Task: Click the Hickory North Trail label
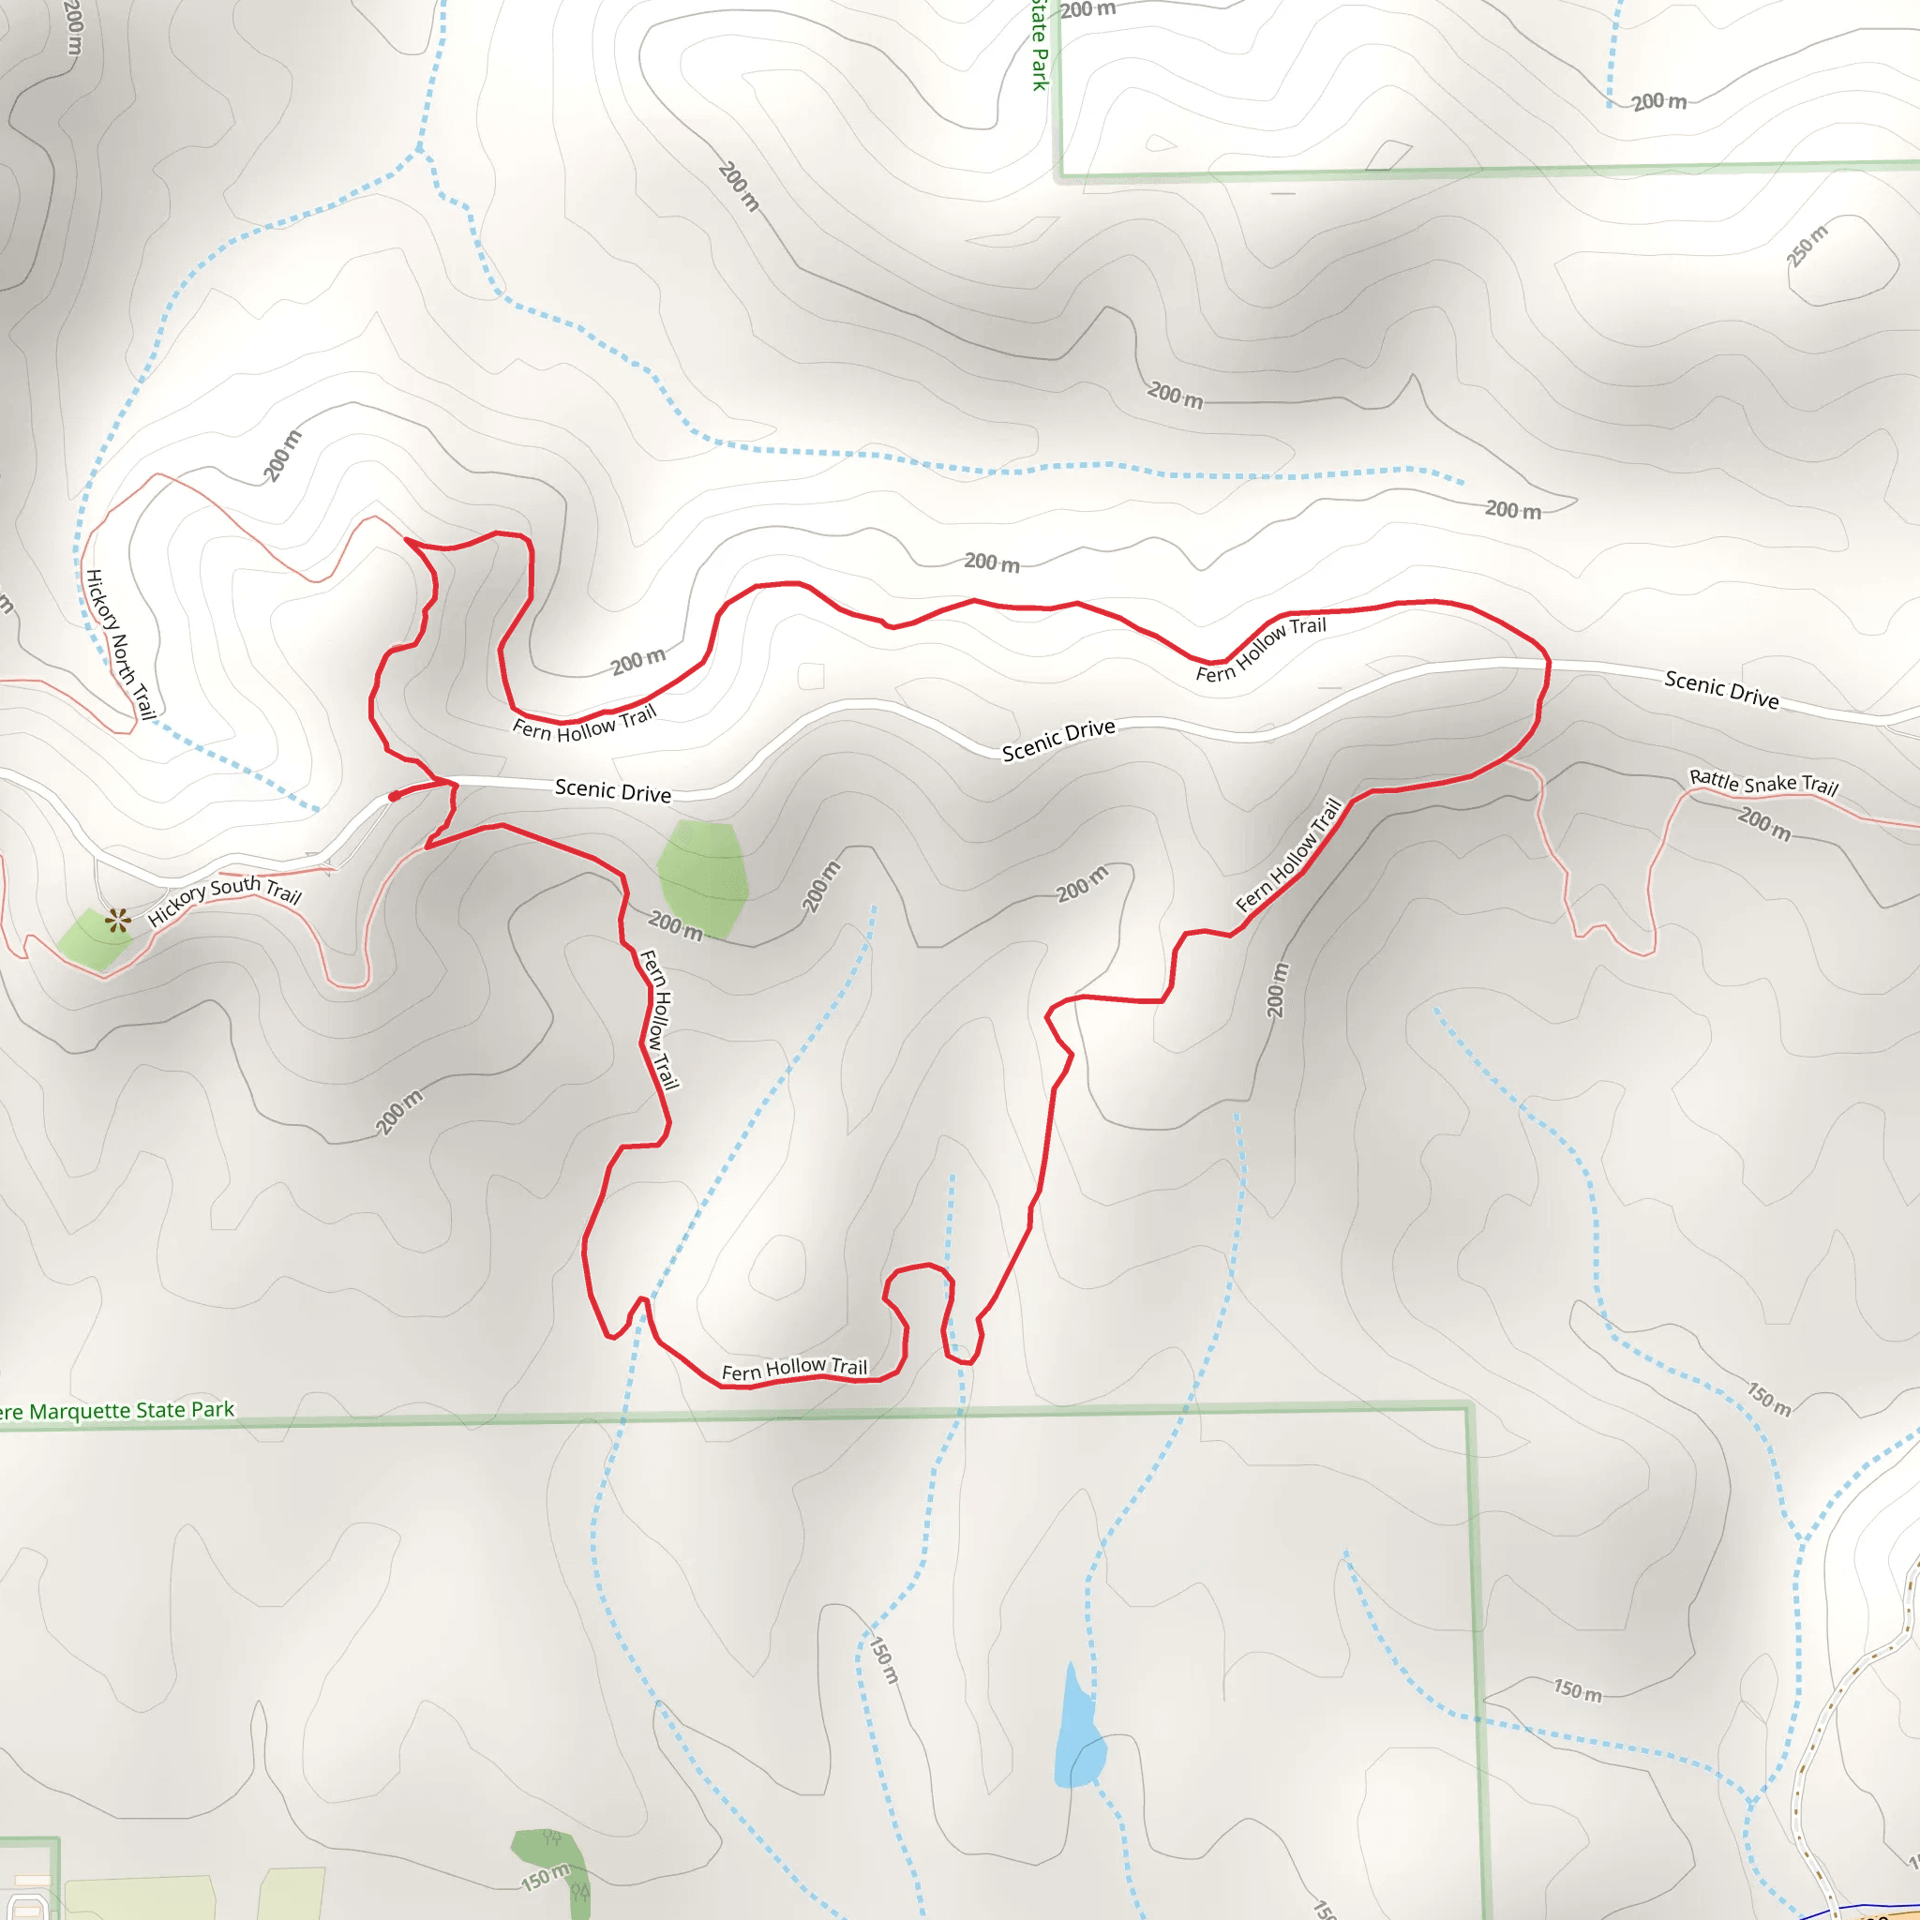point(120,643)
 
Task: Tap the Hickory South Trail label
point(225,900)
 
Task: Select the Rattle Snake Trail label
point(1763,782)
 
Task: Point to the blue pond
point(1078,1735)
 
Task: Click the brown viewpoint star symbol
point(118,921)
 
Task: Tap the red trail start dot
point(395,796)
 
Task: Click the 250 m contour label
point(1807,246)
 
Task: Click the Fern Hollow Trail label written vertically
point(659,1019)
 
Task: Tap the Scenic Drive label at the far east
point(1721,689)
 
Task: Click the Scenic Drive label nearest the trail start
point(612,790)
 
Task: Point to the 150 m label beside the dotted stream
point(883,1659)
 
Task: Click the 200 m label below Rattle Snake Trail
point(1764,824)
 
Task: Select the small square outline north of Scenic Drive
point(811,676)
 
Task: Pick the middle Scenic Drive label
point(1058,741)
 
